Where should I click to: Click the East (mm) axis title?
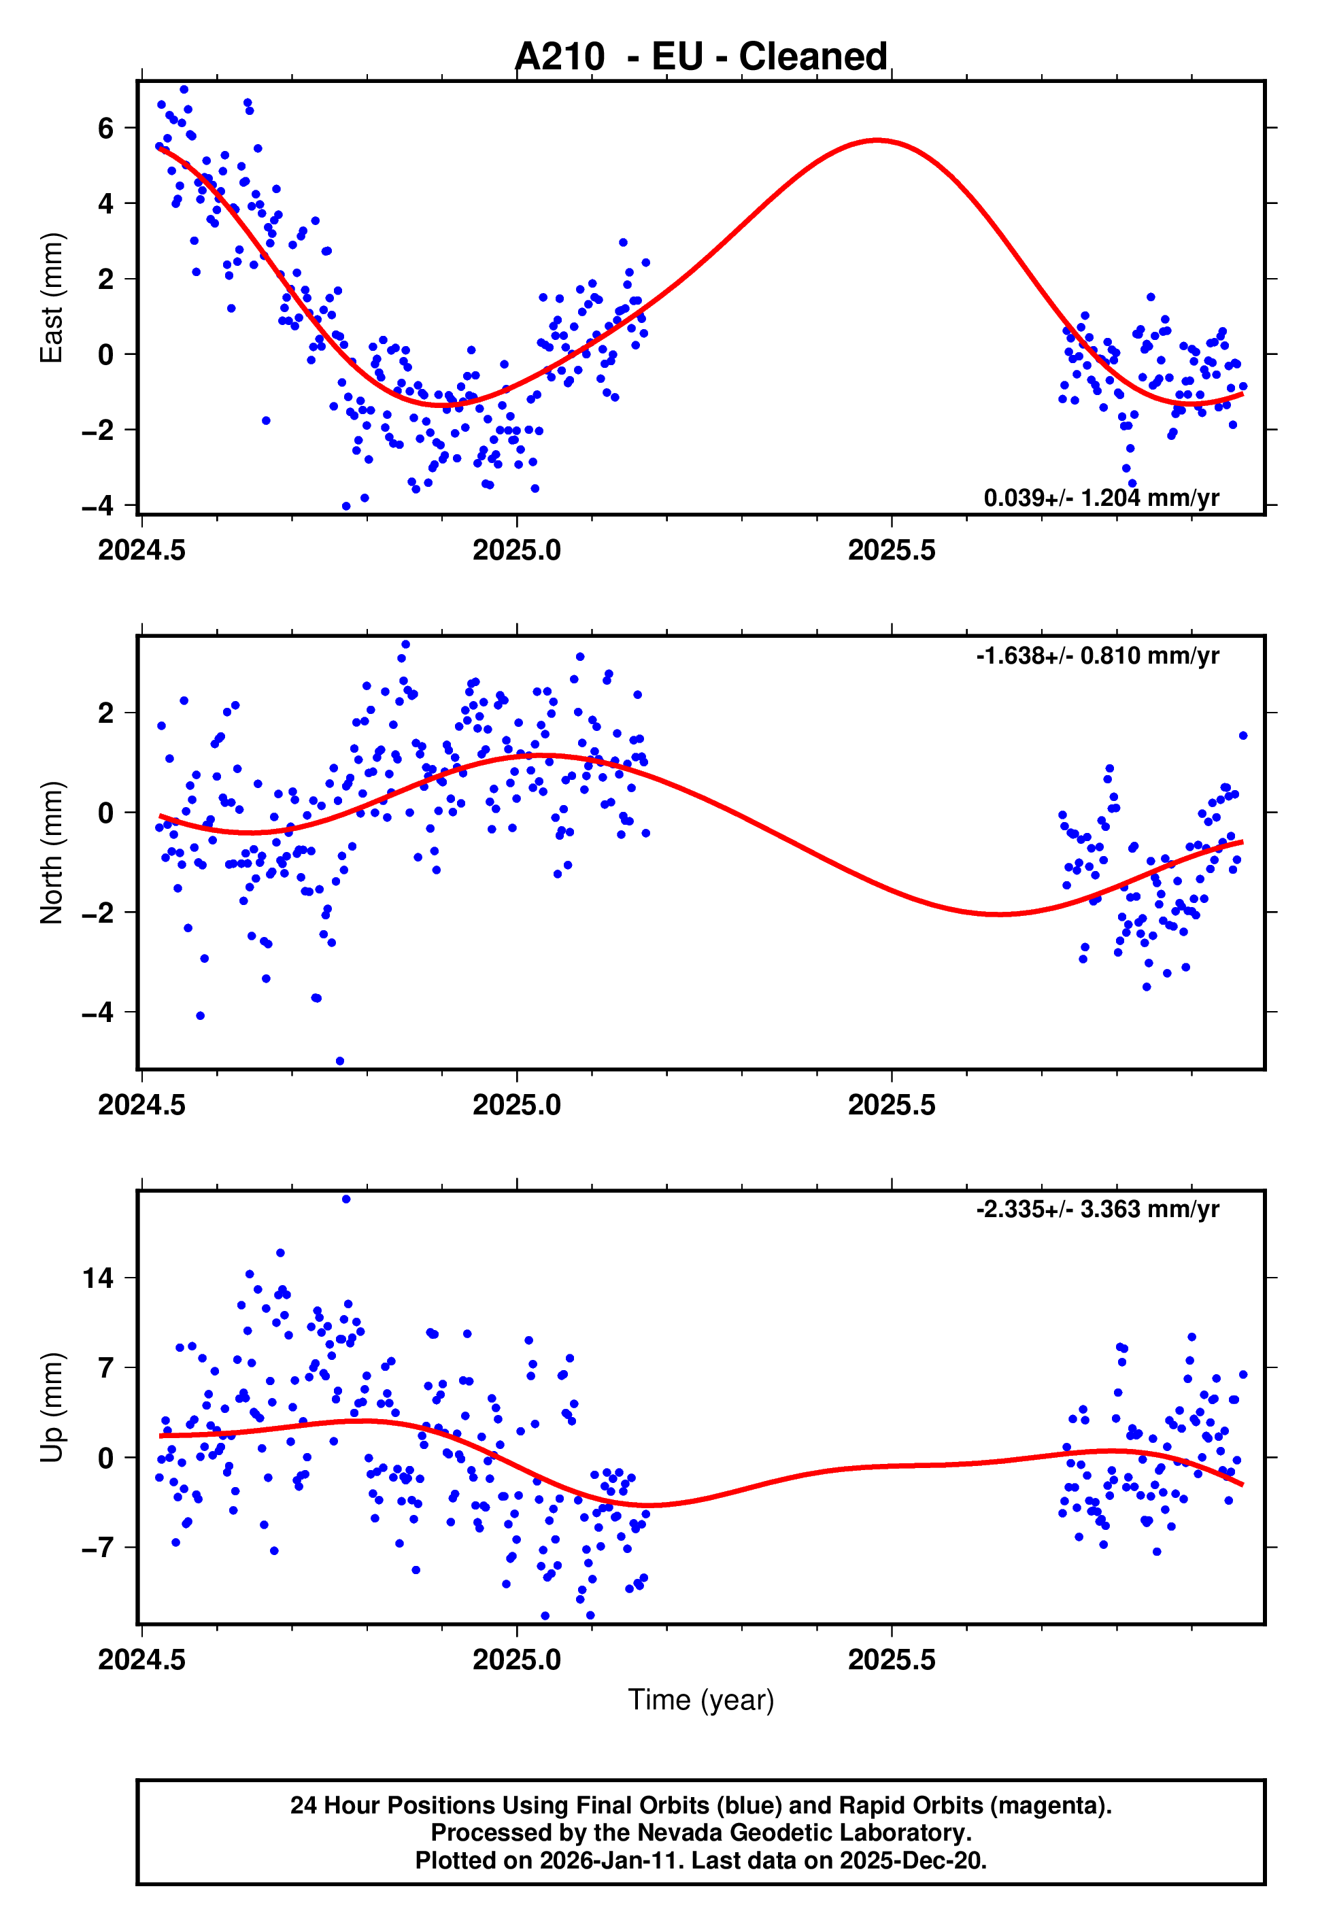coord(52,298)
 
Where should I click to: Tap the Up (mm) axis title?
coord(52,1407)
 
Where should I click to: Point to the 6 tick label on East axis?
coord(105,128)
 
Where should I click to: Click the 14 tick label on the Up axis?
coord(98,1278)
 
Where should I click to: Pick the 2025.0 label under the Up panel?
coord(516,1659)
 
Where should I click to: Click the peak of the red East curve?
coord(877,140)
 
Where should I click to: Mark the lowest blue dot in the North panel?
coord(339,1061)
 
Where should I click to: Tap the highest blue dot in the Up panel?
coord(346,1199)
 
